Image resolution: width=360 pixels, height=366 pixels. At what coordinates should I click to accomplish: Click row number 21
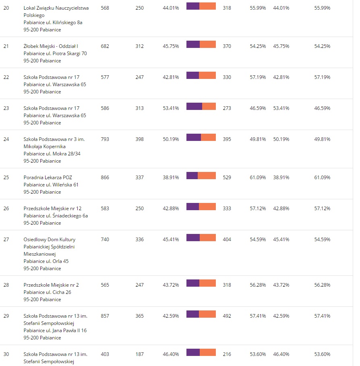pyautogui.click(x=6, y=46)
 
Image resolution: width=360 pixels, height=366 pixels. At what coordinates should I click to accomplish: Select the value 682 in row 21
pyautogui.click(x=105, y=46)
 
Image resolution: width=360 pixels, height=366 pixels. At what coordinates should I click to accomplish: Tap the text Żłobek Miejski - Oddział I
pyautogui.click(x=51, y=46)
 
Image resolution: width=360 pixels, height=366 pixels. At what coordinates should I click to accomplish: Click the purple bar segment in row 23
pyautogui.click(x=194, y=106)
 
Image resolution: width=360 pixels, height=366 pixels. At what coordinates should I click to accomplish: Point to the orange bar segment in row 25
pyautogui.click(x=207, y=176)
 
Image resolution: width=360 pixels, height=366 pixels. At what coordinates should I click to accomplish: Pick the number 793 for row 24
pyautogui.click(x=105, y=139)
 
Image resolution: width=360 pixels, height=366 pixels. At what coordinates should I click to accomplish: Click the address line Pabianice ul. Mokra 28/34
pyautogui.click(x=50, y=154)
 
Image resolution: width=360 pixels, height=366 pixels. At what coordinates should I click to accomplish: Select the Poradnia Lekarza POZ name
pyautogui.click(x=48, y=178)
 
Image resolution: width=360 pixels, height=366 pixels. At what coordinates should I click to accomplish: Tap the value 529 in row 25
pyautogui.click(x=227, y=178)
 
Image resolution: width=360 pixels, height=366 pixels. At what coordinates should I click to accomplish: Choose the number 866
pyautogui.click(x=105, y=178)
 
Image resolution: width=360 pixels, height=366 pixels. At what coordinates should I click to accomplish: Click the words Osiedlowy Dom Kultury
pyautogui.click(x=50, y=240)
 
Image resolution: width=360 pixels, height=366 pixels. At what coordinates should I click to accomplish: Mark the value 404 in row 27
pyautogui.click(x=227, y=240)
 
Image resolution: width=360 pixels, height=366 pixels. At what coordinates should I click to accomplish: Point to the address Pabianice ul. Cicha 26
pyautogui.click(x=47, y=292)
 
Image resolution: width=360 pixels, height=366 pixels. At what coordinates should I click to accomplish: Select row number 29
pyautogui.click(x=6, y=316)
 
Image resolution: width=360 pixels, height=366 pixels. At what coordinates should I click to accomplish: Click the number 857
pyautogui.click(x=105, y=316)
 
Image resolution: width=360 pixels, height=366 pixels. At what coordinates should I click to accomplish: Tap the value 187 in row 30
pyautogui.click(x=139, y=354)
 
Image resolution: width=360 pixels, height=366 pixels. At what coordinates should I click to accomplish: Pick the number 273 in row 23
pyautogui.click(x=227, y=108)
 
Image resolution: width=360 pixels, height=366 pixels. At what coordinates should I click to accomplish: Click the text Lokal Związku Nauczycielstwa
pyautogui.click(x=56, y=8)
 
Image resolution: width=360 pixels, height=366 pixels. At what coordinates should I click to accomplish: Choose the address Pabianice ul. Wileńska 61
pyautogui.click(x=51, y=185)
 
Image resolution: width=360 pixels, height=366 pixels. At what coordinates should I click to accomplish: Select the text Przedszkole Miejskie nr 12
pyautogui.click(x=52, y=209)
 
